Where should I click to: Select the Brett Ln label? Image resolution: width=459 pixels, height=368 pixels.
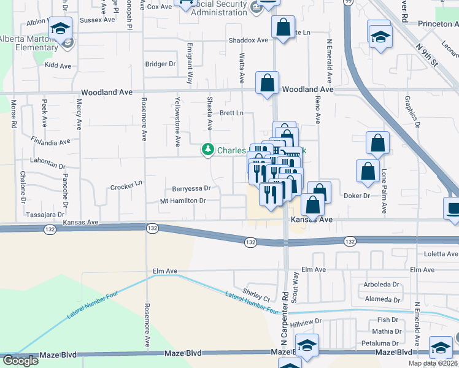(x=231, y=113)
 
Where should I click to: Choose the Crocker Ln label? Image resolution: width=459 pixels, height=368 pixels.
(x=126, y=184)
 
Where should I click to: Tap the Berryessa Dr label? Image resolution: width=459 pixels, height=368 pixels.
(x=191, y=189)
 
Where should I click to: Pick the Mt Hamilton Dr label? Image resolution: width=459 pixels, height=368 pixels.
(x=182, y=201)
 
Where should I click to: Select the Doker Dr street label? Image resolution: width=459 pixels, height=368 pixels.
(x=357, y=196)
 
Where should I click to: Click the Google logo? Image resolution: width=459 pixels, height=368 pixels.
(x=20, y=360)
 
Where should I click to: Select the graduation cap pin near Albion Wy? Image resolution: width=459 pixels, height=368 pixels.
(x=61, y=29)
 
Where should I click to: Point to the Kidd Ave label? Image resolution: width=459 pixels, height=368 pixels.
(x=58, y=65)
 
